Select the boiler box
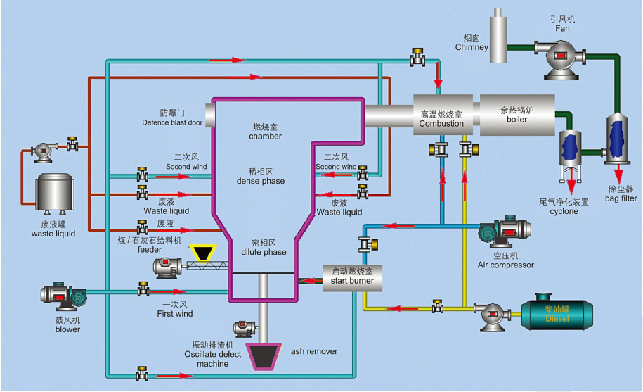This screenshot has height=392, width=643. tap(514, 115)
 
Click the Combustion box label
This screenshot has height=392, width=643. tap(441, 123)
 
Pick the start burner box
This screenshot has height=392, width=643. tap(352, 277)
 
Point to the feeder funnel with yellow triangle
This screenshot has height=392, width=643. tap(205, 252)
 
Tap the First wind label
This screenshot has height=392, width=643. tap(174, 314)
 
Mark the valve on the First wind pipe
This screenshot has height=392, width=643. tap(143, 289)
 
